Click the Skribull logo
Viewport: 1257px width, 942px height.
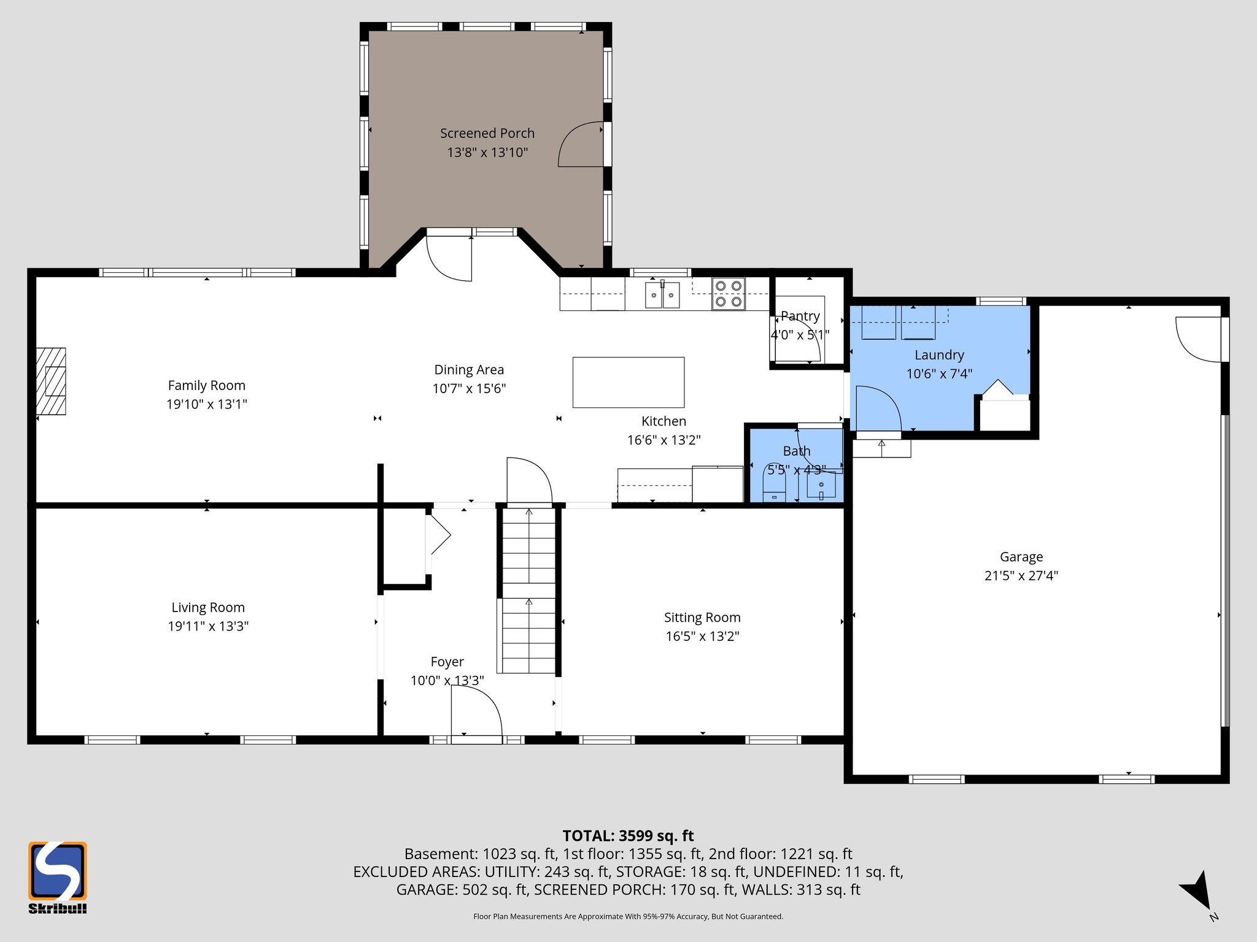pyautogui.click(x=57, y=877)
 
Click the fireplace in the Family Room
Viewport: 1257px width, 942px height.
pyautogui.click(x=51, y=381)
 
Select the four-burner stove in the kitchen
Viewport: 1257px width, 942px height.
pyautogui.click(x=728, y=294)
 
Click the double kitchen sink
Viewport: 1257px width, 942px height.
pyautogui.click(x=662, y=295)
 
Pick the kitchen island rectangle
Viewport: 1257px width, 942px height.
pyautogui.click(x=628, y=382)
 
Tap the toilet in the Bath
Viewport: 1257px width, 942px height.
pyautogui.click(x=775, y=484)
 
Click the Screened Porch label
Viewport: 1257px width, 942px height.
pyautogui.click(x=487, y=133)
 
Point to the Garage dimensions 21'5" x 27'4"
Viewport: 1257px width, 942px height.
pyautogui.click(x=1021, y=575)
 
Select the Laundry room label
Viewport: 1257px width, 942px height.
pyautogui.click(x=938, y=354)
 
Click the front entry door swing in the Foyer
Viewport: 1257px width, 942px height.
pyautogui.click(x=476, y=711)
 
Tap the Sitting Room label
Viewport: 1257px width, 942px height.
pyautogui.click(x=702, y=617)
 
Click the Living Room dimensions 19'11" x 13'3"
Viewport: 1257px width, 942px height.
pyautogui.click(x=208, y=626)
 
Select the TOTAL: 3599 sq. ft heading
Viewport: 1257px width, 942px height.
pyautogui.click(x=628, y=835)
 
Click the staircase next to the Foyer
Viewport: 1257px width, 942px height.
pyautogui.click(x=528, y=589)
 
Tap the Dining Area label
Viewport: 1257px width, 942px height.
pyautogui.click(x=469, y=369)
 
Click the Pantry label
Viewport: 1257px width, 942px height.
pyautogui.click(x=800, y=316)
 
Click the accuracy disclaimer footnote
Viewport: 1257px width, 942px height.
pyautogui.click(x=628, y=916)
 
